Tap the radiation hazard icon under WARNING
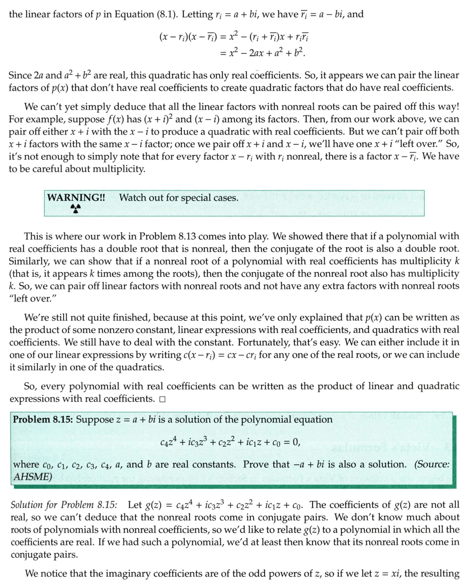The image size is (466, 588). (x=75, y=208)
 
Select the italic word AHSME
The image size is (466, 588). (x=32, y=476)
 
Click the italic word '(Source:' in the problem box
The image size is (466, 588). (x=432, y=464)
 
